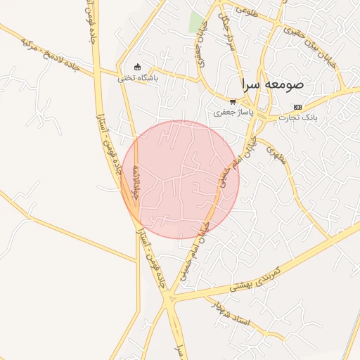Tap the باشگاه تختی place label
point(138,78)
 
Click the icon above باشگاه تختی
point(137,67)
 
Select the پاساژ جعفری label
point(231,112)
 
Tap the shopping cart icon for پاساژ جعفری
point(232,102)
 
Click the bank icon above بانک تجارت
point(297,107)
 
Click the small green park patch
point(196,22)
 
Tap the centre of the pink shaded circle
point(180,179)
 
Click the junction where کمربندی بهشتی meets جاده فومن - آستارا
point(169,301)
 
